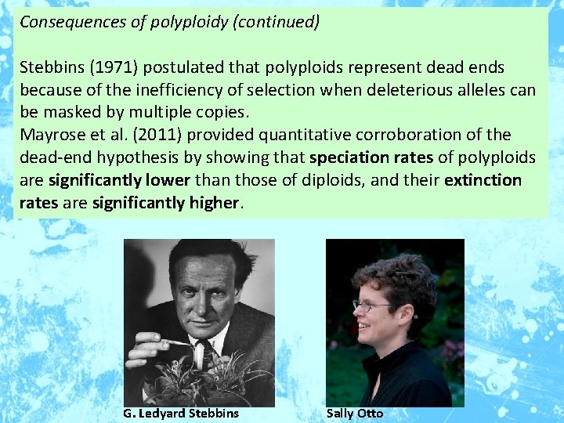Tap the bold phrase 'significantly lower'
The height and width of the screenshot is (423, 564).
[x=119, y=180]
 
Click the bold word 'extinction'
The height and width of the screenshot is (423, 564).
[x=483, y=180]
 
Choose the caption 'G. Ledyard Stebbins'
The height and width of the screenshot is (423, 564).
[x=181, y=414]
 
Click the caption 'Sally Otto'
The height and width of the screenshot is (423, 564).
[x=355, y=414]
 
